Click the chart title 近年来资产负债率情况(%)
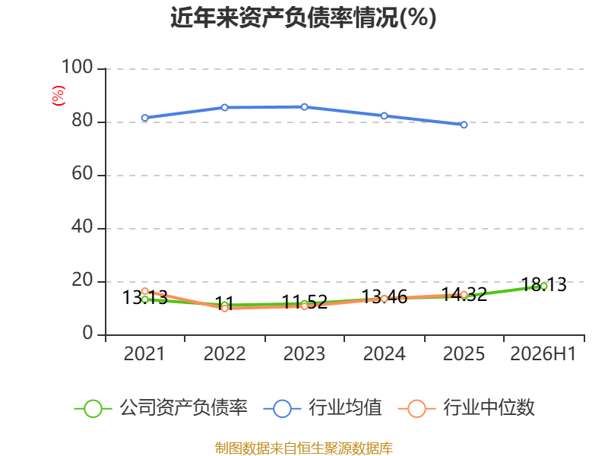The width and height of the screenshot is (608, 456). pos(303,17)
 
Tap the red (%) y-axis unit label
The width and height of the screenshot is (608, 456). pos(59,96)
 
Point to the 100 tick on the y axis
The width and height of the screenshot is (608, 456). pos(78,67)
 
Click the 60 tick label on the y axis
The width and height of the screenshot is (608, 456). pos(82,174)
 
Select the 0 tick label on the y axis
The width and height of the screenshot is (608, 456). pos(87,333)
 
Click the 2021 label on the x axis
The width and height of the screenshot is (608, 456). pos(144,354)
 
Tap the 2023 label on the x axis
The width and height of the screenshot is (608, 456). pos(304,354)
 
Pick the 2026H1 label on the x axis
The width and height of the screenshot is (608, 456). pos(543,354)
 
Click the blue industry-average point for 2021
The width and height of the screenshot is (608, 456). pos(145,118)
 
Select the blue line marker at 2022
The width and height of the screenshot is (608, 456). pos(224,107)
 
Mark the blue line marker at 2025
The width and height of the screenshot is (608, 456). pos(464,125)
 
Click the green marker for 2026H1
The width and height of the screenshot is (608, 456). pos(543,287)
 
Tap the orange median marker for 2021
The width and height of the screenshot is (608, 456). pos(145,291)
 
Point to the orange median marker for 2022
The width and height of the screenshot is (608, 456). pos(224,309)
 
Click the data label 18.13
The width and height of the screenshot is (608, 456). pos(543,284)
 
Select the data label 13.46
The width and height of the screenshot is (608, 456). pos(385,297)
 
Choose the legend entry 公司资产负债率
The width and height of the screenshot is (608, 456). pos(161,408)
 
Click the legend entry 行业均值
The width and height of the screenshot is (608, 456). pos(322,408)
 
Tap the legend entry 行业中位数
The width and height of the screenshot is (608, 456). pos(467,408)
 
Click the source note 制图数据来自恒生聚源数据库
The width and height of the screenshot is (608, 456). pos(304,448)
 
